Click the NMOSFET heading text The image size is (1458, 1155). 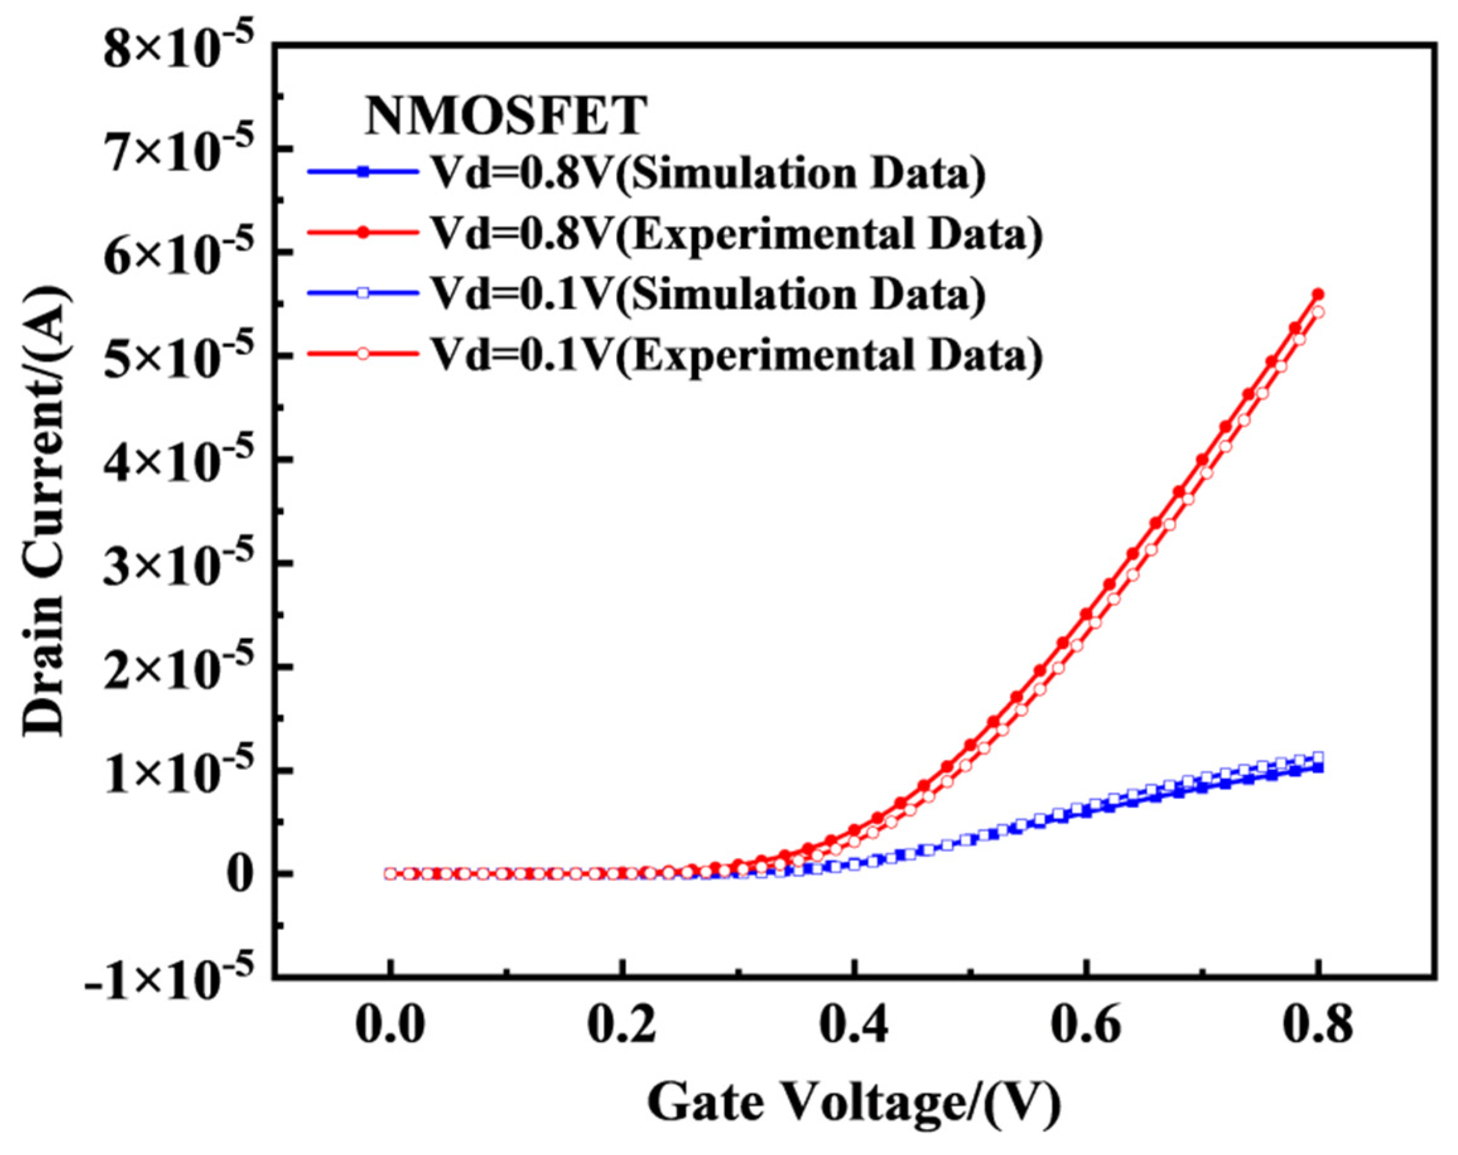click(506, 116)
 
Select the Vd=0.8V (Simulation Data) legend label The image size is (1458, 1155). click(709, 175)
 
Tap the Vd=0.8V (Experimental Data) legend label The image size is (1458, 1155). click(737, 234)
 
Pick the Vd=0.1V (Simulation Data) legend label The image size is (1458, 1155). click(709, 294)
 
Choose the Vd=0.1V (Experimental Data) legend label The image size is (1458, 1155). click(737, 353)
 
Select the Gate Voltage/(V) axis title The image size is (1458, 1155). click(854, 1103)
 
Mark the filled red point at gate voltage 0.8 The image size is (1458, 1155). click(1318, 295)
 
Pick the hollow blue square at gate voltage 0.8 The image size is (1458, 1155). click(1318, 757)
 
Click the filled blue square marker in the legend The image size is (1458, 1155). click(363, 173)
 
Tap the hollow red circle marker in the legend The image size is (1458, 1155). click(363, 353)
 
